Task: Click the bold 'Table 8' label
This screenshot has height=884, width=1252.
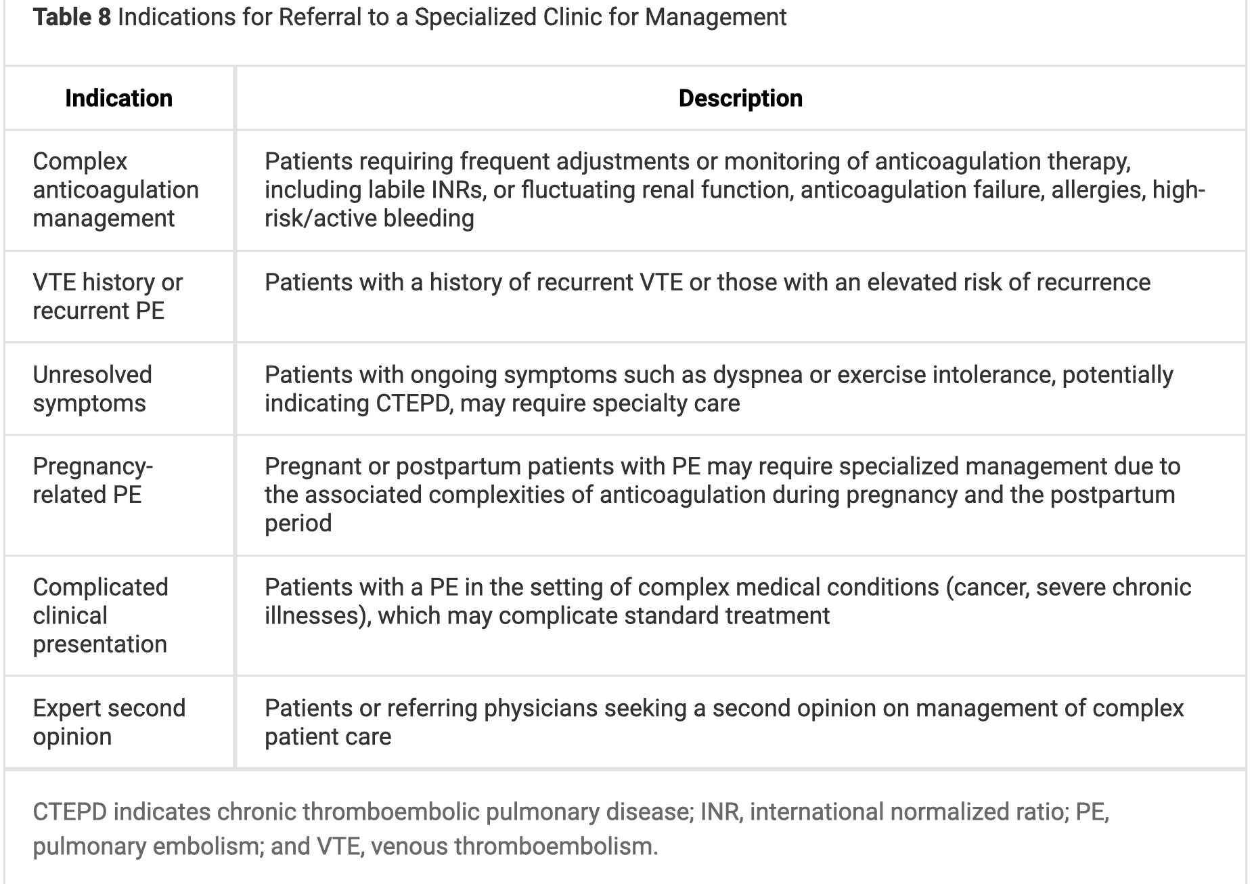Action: [x=72, y=17]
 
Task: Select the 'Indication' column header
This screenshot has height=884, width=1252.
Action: [x=118, y=98]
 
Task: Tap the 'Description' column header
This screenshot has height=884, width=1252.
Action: [x=740, y=98]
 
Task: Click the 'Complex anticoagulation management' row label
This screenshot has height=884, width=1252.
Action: [x=115, y=190]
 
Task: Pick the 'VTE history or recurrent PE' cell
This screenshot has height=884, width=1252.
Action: [x=108, y=296]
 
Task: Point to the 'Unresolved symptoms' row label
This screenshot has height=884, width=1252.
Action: [x=92, y=389]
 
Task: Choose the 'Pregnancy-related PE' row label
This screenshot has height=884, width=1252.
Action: [x=93, y=481]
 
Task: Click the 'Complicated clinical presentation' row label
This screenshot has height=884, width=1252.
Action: [x=100, y=615]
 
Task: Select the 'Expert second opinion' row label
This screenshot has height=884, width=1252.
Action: [x=109, y=722]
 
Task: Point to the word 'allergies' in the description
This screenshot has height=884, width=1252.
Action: [x=1095, y=190]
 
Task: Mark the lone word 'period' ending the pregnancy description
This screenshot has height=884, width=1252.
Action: [x=298, y=523]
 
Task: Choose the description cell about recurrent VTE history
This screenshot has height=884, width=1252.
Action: [x=707, y=282]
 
